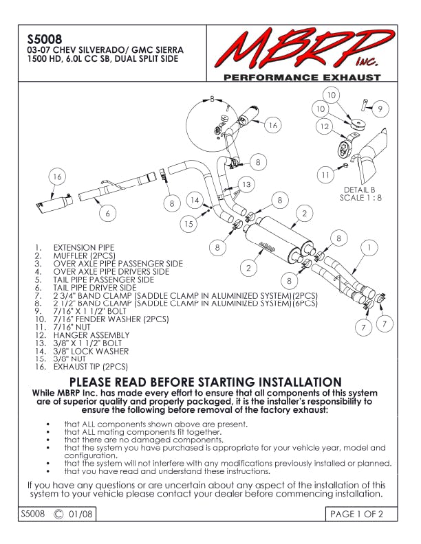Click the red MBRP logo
point(301,49)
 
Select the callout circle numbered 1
point(370,247)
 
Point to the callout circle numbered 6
point(107,213)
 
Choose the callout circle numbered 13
point(246,184)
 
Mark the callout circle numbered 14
point(195,200)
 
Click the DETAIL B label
point(358,190)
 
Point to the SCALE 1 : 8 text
point(358,198)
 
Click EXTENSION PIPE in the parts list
point(84,247)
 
